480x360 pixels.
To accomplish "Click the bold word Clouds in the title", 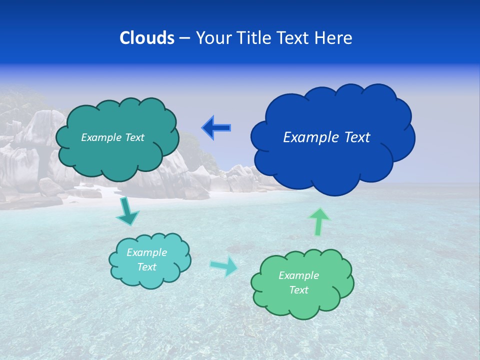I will pos(147,38).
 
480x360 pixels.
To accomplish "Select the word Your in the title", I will pos(211,38).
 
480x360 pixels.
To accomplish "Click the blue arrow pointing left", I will pos(216,128).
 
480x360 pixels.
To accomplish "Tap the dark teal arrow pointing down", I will pos(127,210).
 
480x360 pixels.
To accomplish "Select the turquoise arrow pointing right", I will pos(224,266).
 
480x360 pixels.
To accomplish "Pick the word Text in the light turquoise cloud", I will pos(146,267).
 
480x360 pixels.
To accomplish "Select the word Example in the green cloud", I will pos(298,275).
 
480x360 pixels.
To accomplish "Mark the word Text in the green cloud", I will pos(298,290).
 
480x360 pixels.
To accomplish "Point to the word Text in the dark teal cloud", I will pos(134,137).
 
